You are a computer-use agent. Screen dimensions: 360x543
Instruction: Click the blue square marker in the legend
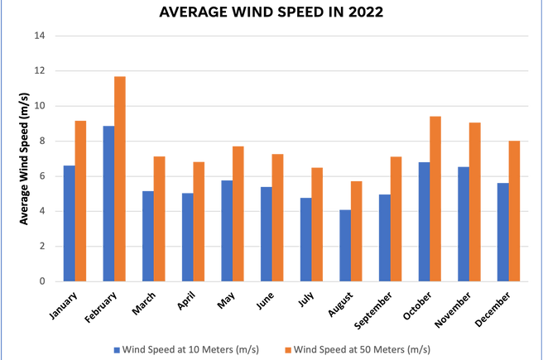[x=116, y=350]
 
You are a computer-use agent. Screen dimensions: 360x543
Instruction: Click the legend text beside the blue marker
[x=190, y=350]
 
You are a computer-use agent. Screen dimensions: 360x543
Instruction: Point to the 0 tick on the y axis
[x=40, y=281]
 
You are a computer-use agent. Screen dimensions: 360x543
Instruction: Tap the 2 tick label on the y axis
[x=40, y=247]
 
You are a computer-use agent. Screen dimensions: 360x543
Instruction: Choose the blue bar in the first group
[x=68, y=223]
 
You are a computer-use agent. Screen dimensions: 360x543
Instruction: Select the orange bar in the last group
[x=514, y=210]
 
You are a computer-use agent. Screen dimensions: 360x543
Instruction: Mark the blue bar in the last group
[x=502, y=231]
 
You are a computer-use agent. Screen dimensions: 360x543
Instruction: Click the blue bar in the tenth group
[x=422, y=221]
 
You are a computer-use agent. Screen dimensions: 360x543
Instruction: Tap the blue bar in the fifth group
[x=225, y=230]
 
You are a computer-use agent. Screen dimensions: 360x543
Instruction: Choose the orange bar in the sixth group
[x=277, y=217]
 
